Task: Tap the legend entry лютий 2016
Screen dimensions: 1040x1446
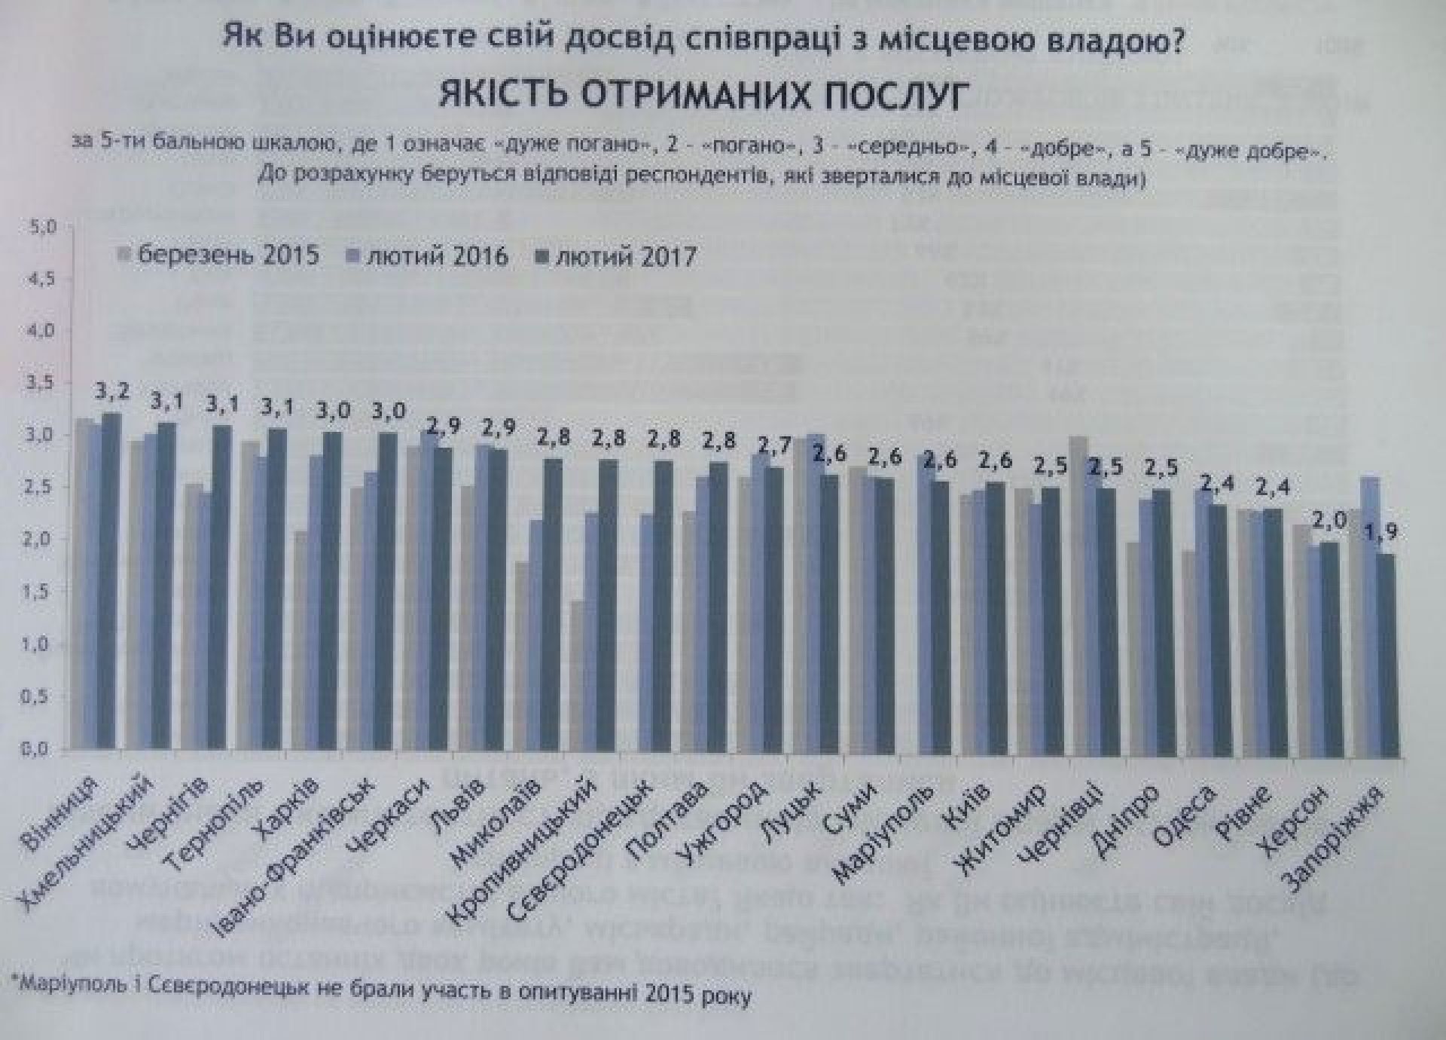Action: (x=438, y=256)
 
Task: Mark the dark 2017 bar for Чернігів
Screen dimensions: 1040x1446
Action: (x=221, y=588)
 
